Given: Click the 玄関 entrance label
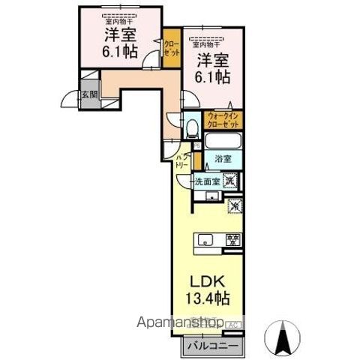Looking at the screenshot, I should pos(68,95).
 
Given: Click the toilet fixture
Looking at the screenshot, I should pos(192,127).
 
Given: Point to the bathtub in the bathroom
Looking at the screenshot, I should pos(223,142).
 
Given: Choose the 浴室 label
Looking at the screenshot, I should pos(223,160).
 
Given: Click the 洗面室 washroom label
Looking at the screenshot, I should pos(207,181).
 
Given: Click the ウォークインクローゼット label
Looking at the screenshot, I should pos(223,120).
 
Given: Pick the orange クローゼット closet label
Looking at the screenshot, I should pos(172,49).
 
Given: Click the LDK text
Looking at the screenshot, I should pos(204,283).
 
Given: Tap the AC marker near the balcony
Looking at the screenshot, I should pos(234,325).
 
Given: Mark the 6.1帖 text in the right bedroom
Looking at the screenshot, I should pos(214,75).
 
